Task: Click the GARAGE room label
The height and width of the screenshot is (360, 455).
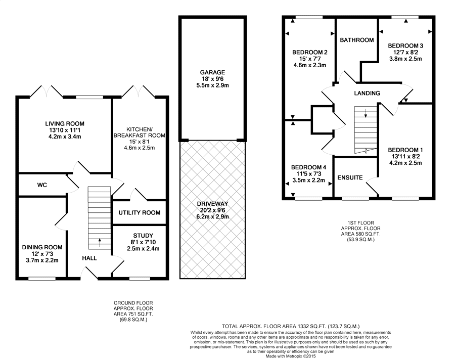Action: point(212,72)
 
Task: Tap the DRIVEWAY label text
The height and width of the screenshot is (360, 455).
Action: point(212,204)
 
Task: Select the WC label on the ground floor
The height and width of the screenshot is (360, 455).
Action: point(42,185)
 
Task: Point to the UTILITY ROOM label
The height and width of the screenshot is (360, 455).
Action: point(140,213)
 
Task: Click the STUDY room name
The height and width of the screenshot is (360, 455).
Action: point(143,236)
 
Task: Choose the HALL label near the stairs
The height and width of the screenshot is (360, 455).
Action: point(89,258)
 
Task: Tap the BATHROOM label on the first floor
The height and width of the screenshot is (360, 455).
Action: point(357,40)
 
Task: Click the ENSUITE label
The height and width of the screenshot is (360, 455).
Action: point(350,177)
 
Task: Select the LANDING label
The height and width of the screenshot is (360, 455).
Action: point(367,93)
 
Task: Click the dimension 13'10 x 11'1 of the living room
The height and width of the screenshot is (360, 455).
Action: point(65,130)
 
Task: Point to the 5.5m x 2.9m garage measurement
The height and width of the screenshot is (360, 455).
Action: point(212,85)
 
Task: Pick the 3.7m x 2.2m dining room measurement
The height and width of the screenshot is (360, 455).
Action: point(42,260)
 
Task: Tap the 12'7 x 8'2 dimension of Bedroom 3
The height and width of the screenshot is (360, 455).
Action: point(405,52)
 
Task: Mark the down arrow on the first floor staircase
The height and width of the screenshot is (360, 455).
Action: point(366,113)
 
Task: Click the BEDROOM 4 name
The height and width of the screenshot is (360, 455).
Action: point(309,167)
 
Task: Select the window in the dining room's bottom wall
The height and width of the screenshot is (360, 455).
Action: point(42,279)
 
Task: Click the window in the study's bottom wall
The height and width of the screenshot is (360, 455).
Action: point(140,279)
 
